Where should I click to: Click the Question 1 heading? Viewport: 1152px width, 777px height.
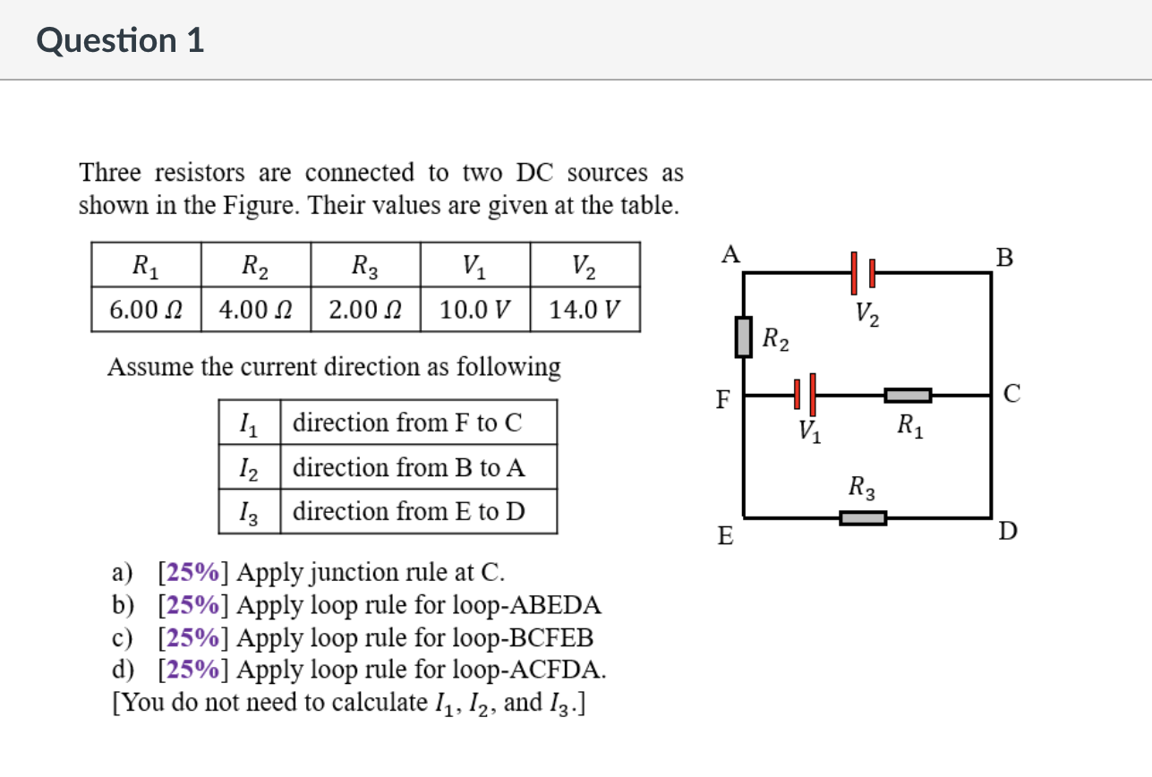pyautogui.click(x=121, y=40)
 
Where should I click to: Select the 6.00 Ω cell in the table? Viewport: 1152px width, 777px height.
pyautogui.click(x=146, y=311)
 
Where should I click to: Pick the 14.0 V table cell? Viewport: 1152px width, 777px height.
pyautogui.click(x=585, y=311)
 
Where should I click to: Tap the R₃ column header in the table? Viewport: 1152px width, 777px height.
pyautogui.click(x=364, y=265)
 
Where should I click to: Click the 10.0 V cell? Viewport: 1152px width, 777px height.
pyautogui.click(x=474, y=311)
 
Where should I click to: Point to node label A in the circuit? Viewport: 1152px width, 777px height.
pyautogui.click(x=730, y=255)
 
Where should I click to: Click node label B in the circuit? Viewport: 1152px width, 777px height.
pyautogui.click(x=1005, y=258)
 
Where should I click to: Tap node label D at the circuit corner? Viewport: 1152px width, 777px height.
pyautogui.click(x=1007, y=533)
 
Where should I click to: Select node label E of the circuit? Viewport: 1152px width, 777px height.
pyautogui.click(x=725, y=536)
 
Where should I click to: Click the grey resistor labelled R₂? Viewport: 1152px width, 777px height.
pyautogui.click(x=744, y=337)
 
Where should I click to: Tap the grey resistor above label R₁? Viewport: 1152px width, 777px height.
pyautogui.click(x=908, y=394)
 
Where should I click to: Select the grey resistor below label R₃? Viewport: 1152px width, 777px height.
pyautogui.click(x=863, y=517)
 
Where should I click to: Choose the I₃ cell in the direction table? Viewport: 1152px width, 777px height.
pyautogui.click(x=250, y=512)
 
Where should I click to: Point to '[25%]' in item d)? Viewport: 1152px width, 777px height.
pyautogui.click(x=193, y=669)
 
